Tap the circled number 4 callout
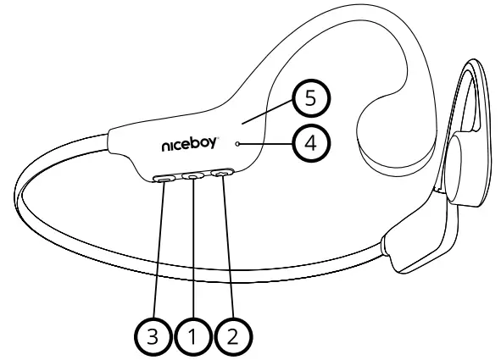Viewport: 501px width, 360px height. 310,144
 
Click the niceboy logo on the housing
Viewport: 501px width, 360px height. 193,146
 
